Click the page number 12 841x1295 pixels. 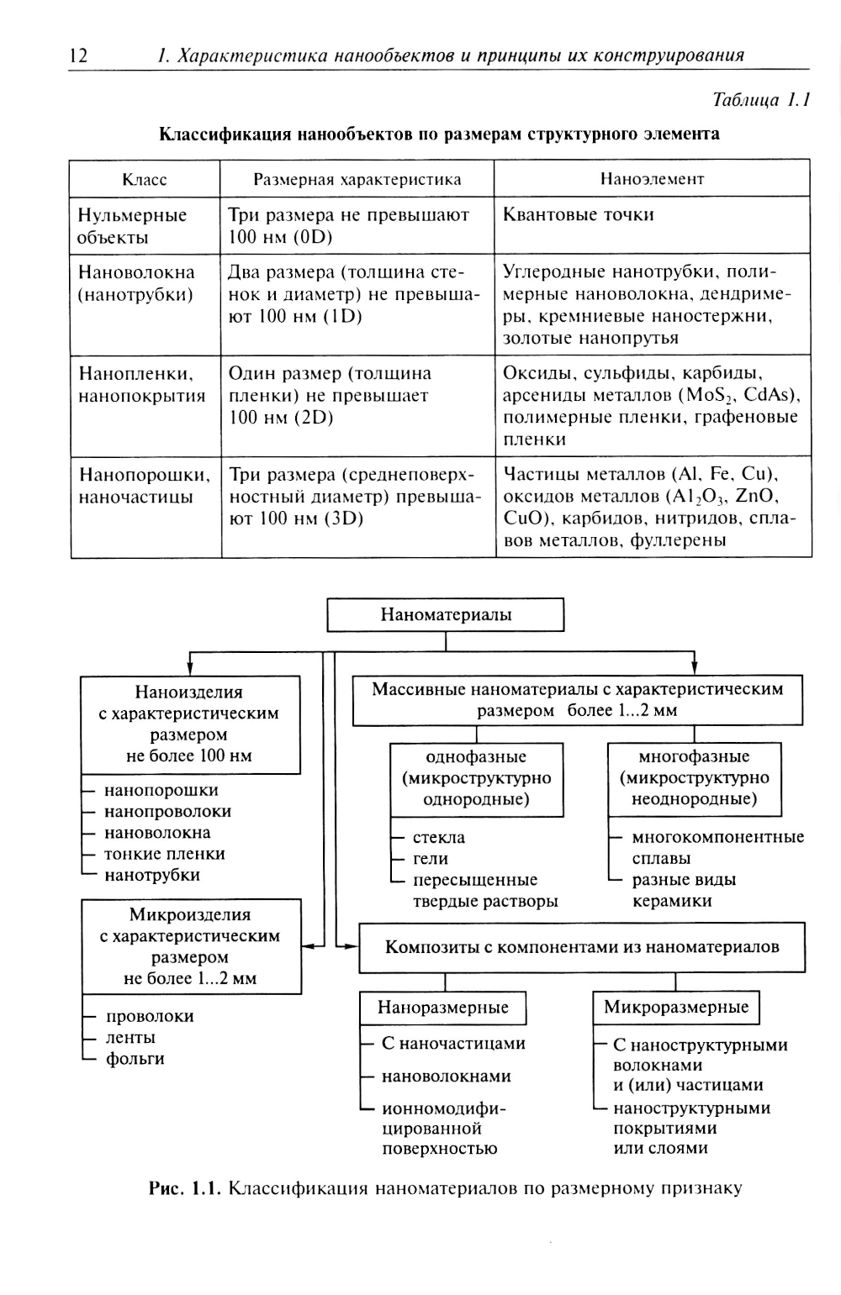(x=77, y=56)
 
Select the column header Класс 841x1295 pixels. (x=145, y=179)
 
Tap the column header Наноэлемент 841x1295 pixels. (x=652, y=179)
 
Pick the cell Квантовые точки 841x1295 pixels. (x=579, y=215)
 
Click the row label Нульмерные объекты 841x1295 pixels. (x=132, y=226)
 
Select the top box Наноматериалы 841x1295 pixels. (x=445, y=614)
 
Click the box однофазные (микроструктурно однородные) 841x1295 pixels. (x=476, y=778)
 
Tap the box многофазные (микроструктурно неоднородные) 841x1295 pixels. (x=694, y=778)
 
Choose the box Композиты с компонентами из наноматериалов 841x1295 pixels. (x=582, y=947)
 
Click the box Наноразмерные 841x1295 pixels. (x=443, y=1008)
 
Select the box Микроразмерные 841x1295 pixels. (x=676, y=1008)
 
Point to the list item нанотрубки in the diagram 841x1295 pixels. (x=151, y=875)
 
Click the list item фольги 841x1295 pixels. (x=135, y=1059)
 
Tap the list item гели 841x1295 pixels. (x=431, y=859)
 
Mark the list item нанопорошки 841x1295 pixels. (x=161, y=790)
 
